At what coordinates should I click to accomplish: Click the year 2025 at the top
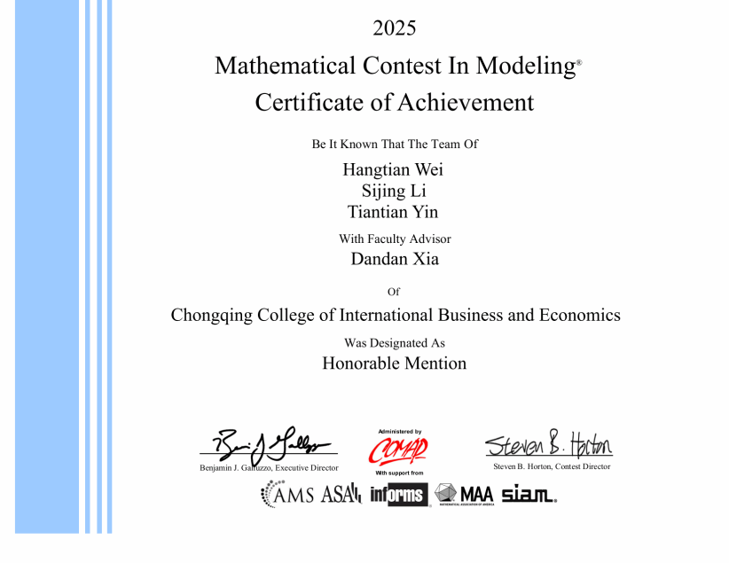[394, 28]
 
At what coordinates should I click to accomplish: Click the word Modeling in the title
[525, 66]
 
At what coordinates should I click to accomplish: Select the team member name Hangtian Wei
[393, 169]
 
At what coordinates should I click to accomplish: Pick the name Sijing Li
[394, 191]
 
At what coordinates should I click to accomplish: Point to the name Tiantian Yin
[393, 212]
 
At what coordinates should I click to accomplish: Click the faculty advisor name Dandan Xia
[395, 260]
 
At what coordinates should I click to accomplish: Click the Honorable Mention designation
[394, 363]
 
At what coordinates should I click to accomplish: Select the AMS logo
[287, 495]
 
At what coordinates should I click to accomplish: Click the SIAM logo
[529, 495]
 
